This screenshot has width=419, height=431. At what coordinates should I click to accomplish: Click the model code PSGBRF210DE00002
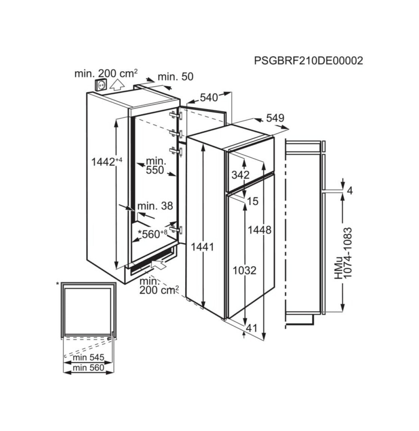[308, 61]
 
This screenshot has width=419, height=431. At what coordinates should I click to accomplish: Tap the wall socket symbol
[101, 85]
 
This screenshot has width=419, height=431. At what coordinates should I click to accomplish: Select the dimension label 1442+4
[106, 162]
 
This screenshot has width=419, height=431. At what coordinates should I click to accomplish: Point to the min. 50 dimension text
[175, 76]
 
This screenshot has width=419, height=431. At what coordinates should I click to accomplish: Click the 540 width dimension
[209, 97]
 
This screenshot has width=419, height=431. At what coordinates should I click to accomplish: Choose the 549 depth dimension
[275, 118]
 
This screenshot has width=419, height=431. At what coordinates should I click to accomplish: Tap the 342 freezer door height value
[241, 175]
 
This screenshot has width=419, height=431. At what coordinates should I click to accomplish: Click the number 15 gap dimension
[253, 201]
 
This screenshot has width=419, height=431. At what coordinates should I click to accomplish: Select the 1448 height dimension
[260, 230]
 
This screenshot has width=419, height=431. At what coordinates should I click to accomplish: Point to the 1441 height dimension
[202, 247]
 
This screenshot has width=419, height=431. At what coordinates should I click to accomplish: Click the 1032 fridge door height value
[245, 271]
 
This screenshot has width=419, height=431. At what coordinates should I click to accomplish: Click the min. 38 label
[155, 206]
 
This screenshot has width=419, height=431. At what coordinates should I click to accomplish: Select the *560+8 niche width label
[153, 234]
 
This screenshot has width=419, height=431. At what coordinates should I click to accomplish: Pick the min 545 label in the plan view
[89, 357]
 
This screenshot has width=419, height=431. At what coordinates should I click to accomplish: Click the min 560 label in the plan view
[89, 368]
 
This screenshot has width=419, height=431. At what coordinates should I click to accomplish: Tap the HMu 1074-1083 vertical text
[343, 253]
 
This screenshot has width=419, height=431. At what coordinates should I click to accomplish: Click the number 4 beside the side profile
[349, 190]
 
